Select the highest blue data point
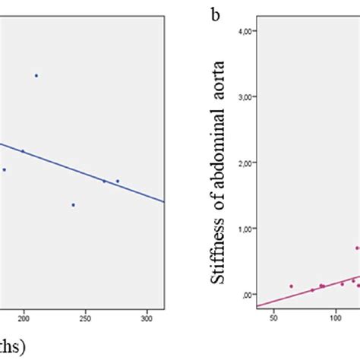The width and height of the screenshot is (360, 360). point(36,75)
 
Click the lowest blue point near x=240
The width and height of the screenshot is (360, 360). point(73,204)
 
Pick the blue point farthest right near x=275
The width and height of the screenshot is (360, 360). point(118,181)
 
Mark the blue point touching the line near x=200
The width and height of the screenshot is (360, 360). point(23,151)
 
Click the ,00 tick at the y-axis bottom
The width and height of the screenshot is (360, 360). point(248,295)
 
